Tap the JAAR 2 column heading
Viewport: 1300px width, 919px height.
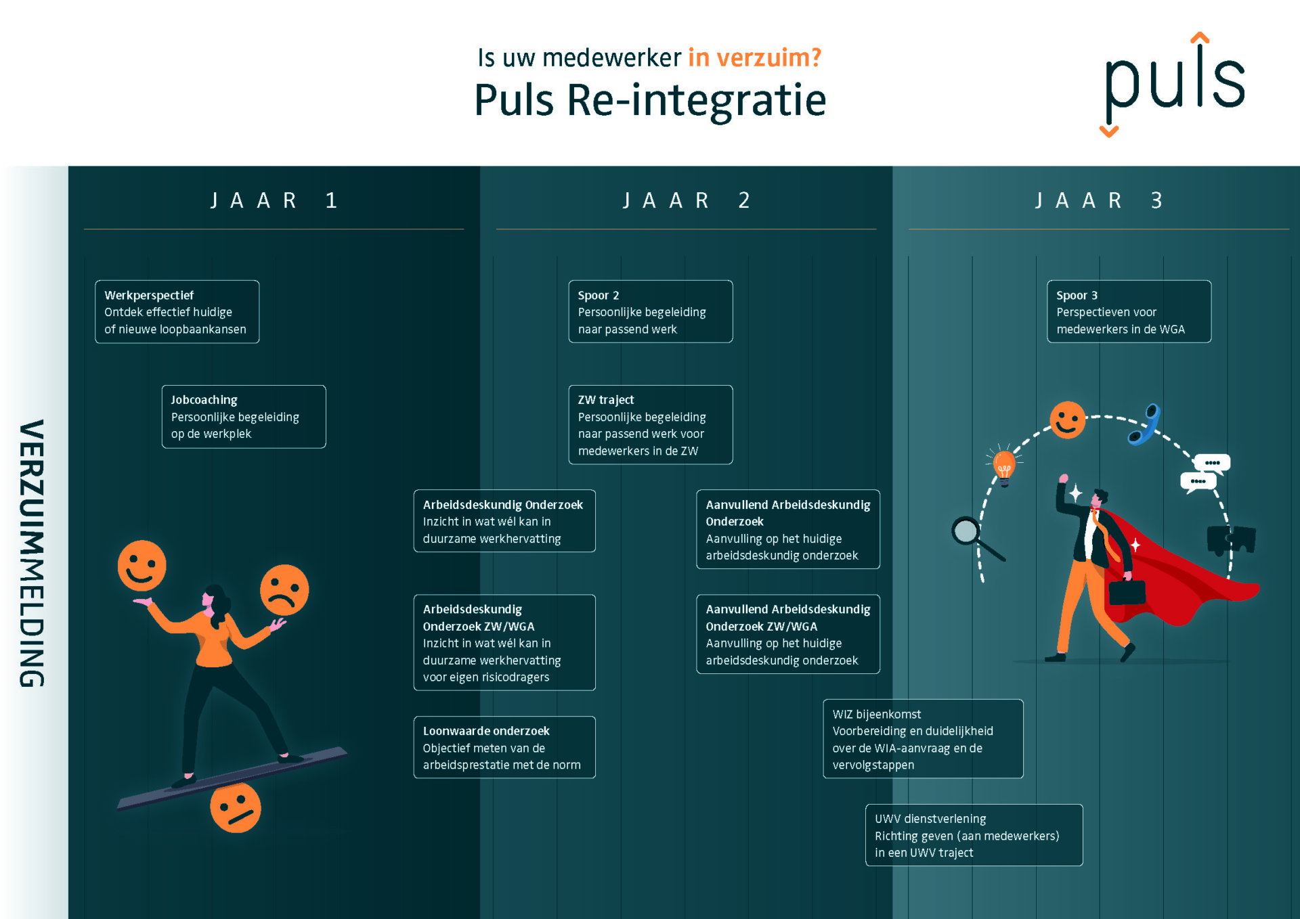tap(686, 200)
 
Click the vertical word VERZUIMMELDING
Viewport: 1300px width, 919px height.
tap(32, 553)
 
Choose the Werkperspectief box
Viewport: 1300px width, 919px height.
tap(177, 312)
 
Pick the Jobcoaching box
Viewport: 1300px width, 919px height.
tap(243, 417)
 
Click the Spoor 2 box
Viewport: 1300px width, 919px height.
tap(650, 312)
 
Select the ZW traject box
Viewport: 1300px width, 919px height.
tap(650, 425)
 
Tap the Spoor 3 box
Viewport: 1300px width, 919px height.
tap(1129, 312)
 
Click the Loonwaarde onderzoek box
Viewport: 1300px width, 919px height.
tap(504, 747)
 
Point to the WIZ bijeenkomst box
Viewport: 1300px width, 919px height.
tap(922, 739)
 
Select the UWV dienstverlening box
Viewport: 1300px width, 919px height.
tap(974, 835)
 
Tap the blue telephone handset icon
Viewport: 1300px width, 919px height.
tap(1145, 424)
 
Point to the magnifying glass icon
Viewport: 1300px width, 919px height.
tap(974, 537)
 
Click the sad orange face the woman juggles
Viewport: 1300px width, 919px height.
tap(284, 589)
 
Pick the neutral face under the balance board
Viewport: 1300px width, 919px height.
tap(235, 807)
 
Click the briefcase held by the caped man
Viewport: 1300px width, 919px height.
tap(1126, 592)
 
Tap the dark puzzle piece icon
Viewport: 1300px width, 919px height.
tap(1231, 539)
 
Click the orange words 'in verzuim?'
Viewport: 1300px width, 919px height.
tap(754, 58)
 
